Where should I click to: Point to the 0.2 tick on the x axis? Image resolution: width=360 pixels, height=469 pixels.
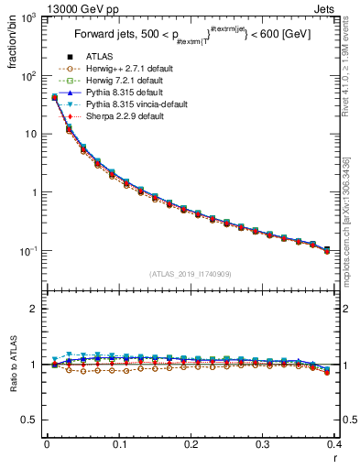pos(191,445)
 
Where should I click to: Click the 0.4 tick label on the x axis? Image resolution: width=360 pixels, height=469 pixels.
pos(334,445)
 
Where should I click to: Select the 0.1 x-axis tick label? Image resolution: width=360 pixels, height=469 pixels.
pos(118,445)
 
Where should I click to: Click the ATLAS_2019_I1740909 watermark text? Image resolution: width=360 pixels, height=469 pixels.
pos(190,274)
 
